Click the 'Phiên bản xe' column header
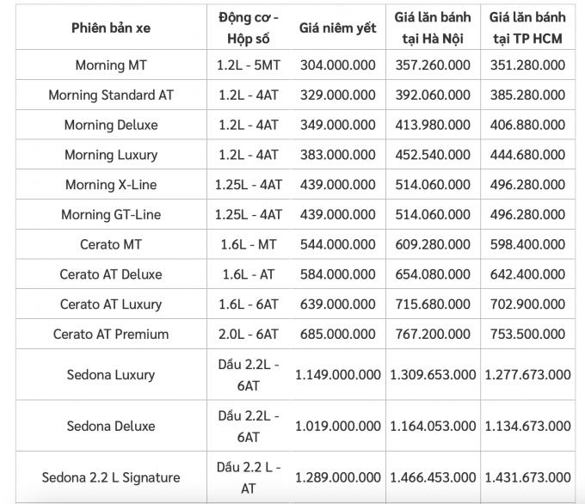111,28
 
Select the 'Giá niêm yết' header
338,28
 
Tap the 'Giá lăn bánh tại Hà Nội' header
433,28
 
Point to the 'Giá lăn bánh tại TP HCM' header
526,28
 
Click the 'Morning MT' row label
111,65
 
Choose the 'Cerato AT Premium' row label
111,334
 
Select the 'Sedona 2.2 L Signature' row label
111,477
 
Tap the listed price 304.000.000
338,65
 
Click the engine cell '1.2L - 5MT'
249,65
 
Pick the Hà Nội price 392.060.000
433,95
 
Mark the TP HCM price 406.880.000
526,125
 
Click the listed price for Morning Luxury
338,155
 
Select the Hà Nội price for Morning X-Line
433,185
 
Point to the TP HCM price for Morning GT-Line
526,214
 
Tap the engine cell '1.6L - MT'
249,244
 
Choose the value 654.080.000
433,274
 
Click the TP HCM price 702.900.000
526,304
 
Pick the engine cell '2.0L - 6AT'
249,334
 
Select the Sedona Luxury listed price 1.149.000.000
338,374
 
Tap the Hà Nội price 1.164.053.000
433,426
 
